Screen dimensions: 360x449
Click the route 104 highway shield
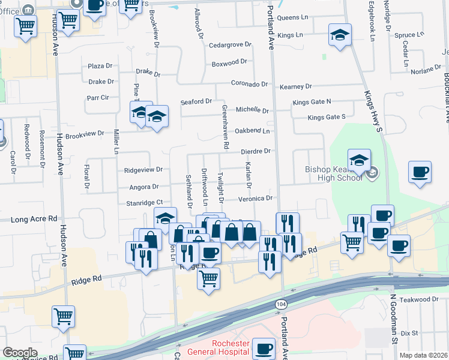point(280,305)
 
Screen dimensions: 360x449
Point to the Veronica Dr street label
point(256,197)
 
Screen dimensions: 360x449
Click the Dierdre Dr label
point(256,152)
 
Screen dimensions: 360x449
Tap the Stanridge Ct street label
point(145,203)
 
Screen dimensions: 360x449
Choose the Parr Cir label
point(97,97)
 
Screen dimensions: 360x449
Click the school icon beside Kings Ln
point(340,36)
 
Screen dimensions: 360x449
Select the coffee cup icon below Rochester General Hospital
point(264,349)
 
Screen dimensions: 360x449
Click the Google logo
point(20,353)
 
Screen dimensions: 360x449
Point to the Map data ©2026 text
point(423,355)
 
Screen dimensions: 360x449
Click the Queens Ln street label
point(292,18)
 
